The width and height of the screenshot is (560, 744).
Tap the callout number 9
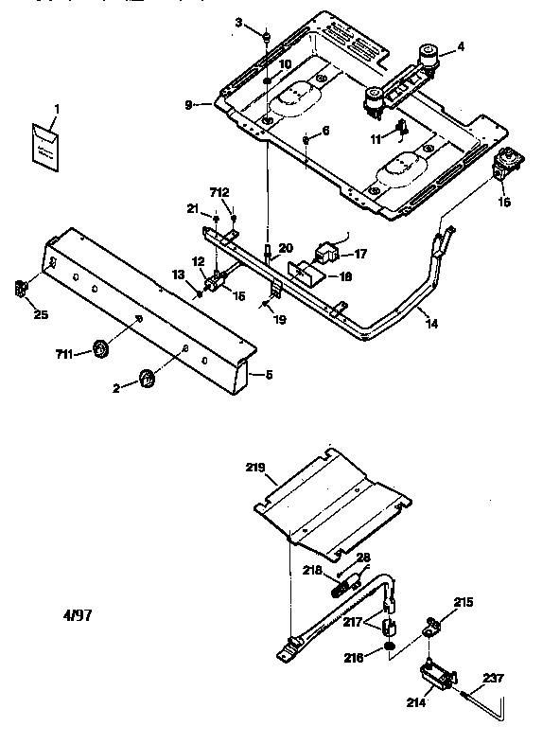[x=188, y=105]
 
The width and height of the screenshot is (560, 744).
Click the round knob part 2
[x=147, y=379]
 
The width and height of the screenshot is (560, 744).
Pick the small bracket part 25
[x=21, y=288]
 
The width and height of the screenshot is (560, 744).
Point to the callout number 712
[x=219, y=194]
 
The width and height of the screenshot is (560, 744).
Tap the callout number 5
[x=270, y=375]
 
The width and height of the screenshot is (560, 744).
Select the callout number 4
[x=461, y=46]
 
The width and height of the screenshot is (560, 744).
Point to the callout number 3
[x=238, y=21]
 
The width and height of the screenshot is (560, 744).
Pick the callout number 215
[x=463, y=601]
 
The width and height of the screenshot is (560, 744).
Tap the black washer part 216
[x=390, y=647]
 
